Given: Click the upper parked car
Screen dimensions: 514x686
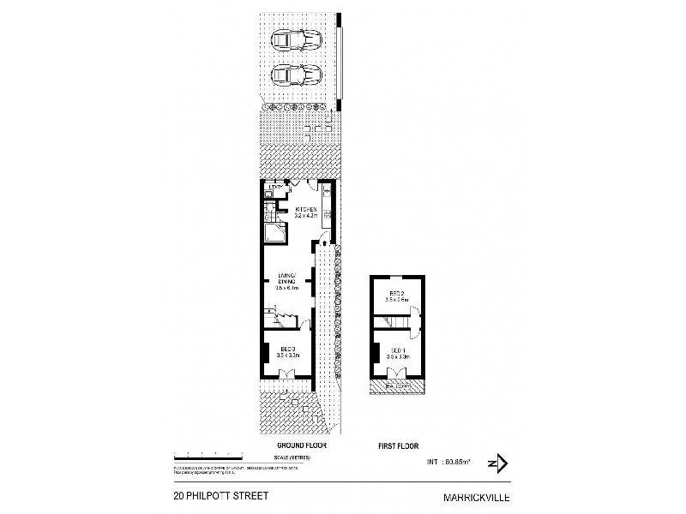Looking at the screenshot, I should (295, 39).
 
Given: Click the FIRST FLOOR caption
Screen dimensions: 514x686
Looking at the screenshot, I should (399, 446).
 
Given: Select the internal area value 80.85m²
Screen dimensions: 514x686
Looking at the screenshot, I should (451, 463).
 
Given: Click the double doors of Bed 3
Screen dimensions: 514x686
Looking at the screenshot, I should (287, 373).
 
